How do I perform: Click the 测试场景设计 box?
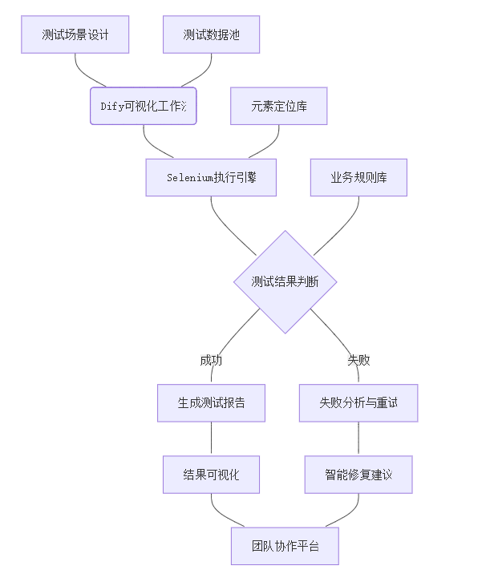coord(75,34)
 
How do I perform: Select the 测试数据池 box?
coord(211,34)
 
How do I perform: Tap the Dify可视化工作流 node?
coord(143,106)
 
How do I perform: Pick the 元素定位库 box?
coord(279,106)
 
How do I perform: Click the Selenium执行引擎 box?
coord(211,177)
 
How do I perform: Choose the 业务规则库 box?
coord(358,177)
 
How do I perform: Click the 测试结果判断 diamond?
coord(285,281)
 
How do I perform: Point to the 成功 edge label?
coord(211,360)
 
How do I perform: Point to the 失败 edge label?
coord(358,360)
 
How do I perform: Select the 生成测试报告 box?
coord(211,402)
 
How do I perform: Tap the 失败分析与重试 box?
coord(358,402)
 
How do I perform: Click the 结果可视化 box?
coord(211,474)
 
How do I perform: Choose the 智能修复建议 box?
coord(358,474)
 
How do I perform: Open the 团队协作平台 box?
coord(285,546)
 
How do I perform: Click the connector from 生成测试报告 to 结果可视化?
coord(211,438)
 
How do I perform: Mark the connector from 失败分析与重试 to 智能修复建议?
coord(358,438)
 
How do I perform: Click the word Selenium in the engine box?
coord(189,177)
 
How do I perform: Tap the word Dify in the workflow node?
coord(112,106)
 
